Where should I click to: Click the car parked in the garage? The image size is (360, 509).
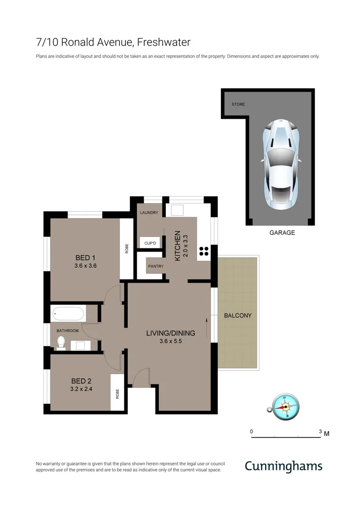coord(280,165)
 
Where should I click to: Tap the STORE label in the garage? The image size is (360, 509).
coord(238,104)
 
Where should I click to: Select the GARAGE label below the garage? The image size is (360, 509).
coord(282,232)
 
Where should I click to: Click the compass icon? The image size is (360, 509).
coord(286,406)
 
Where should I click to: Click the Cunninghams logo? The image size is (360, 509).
coord(283,467)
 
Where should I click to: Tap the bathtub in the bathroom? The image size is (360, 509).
coord(68,314)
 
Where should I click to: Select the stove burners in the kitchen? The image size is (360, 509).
coord(204,251)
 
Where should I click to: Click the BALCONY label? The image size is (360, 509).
coord(237,315)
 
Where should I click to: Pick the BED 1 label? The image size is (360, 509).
coord(85,258)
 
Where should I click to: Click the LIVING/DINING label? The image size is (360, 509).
coord(170,333)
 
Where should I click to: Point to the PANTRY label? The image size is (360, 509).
coord(155,266)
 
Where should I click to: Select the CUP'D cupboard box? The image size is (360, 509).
coord(150,243)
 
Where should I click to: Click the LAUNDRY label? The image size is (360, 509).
coord(149,213)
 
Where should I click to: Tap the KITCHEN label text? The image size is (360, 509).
coord(178,246)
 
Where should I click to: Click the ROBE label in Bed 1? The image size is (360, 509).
coord(126,249)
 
